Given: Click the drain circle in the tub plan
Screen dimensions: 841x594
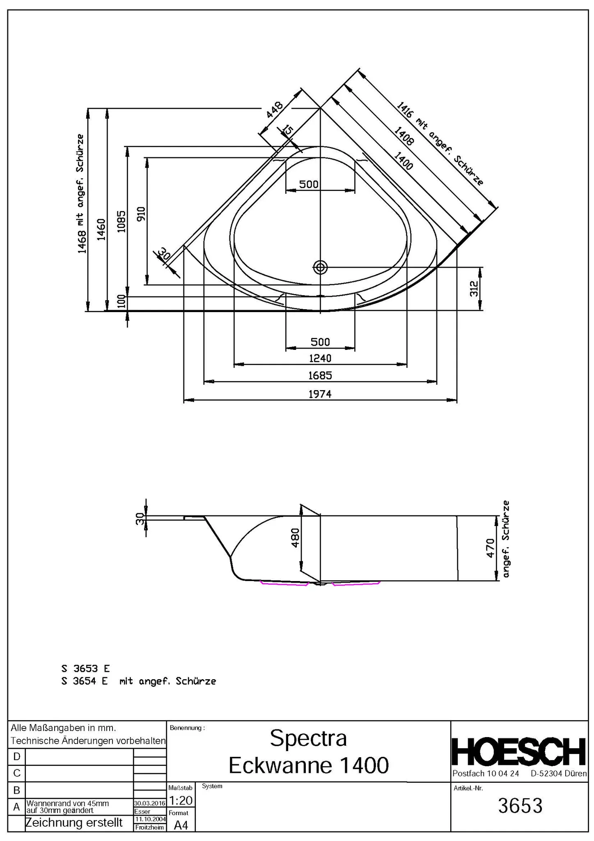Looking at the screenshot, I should [320, 267].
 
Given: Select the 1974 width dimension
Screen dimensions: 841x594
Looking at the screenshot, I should [320, 394].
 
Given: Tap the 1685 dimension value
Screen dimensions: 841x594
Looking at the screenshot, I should [320, 375].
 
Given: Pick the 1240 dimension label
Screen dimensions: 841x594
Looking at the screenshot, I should [320, 358].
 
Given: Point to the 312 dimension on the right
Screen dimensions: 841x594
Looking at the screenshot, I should [474, 289].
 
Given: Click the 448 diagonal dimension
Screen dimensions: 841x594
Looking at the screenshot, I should [275, 110].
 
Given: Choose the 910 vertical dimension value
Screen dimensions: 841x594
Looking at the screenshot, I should [141, 214].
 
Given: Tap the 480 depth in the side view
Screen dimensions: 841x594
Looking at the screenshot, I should [295, 538].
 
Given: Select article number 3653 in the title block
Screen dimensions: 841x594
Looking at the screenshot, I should [520, 806].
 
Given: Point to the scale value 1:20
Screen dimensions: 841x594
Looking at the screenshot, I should [180, 800].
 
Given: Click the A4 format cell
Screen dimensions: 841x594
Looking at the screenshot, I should [181, 825].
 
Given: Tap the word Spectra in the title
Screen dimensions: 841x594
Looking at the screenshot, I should [308, 738].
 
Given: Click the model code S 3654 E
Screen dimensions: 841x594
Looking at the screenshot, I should [85, 681].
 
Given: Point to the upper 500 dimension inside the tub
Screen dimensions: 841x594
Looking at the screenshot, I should [309, 184].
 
